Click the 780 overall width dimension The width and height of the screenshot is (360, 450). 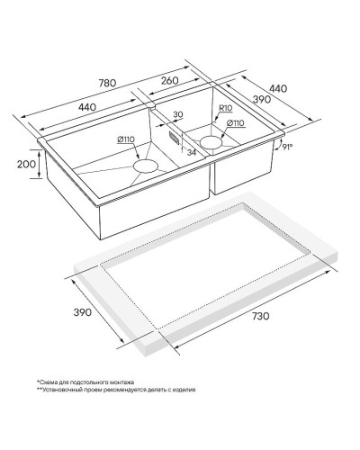pos(107,83)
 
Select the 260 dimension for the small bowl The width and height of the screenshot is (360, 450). pos(169,80)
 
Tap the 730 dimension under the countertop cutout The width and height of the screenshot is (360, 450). pos(260,316)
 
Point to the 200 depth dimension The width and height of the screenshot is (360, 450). pos(26,164)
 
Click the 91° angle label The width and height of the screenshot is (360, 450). pos(287,147)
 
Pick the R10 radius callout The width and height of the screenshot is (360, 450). pos(226,108)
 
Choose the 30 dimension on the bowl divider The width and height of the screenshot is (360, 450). pos(178,114)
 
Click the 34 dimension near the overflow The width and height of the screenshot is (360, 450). pos(191,152)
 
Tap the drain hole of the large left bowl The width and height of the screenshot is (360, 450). pos(146,166)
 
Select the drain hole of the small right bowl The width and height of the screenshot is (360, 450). pos(211,142)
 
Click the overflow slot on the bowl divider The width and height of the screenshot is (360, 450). pos(174,137)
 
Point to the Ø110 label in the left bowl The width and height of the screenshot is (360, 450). pos(126,139)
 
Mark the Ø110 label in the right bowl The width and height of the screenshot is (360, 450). pos(236,122)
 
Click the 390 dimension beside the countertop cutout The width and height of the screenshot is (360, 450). pos(83,312)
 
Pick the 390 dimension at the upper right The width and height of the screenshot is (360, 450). pos(262,99)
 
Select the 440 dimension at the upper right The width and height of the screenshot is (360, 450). pos(278,88)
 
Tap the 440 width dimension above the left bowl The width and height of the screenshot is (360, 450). pos(87,107)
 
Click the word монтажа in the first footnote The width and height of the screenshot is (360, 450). pos(122,382)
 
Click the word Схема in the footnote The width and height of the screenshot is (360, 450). pos(46,382)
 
